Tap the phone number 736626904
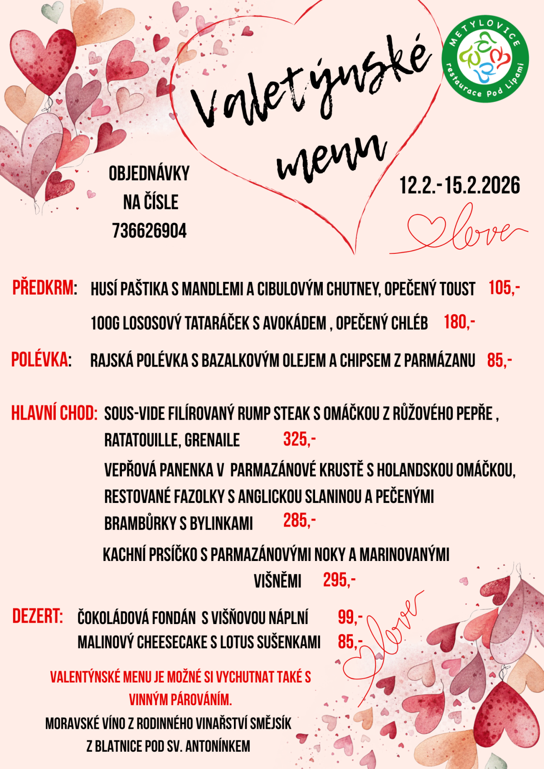click(149, 231)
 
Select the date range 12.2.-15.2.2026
click(459, 186)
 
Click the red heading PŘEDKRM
click(43, 288)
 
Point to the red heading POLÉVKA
click(40, 360)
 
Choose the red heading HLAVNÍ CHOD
click(54, 413)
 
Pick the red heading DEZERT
click(37, 616)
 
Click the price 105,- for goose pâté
click(504, 288)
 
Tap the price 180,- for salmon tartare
click(459, 322)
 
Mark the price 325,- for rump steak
click(299, 439)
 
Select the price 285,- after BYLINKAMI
click(299, 521)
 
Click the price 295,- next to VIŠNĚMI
click(339, 580)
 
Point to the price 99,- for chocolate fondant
click(350, 617)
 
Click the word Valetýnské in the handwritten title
click(308, 86)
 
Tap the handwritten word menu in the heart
click(331, 156)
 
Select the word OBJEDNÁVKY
click(149, 174)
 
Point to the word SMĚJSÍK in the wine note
click(271, 723)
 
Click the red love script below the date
click(467, 231)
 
